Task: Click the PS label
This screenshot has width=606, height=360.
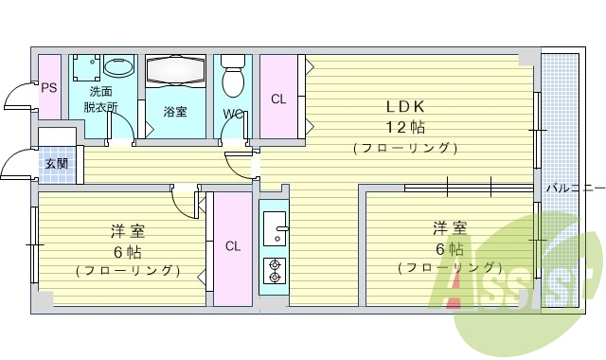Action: (x=49, y=88)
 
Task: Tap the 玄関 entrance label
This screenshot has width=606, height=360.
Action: (x=56, y=163)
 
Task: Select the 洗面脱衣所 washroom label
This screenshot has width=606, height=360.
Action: (x=100, y=99)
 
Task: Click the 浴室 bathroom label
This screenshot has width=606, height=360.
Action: (x=175, y=112)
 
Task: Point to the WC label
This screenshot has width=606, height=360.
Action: (x=233, y=116)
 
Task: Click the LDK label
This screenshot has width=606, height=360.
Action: (x=403, y=105)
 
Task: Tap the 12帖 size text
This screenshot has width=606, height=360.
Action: (x=403, y=126)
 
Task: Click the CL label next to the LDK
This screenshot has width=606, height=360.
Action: (x=277, y=99)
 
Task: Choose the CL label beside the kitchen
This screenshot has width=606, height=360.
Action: (x=232, y=246)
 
